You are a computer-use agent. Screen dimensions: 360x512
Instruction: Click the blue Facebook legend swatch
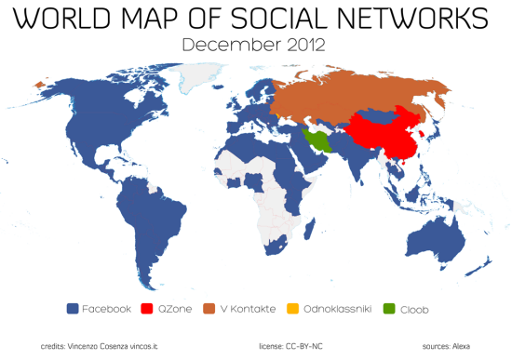(x=72, y=308)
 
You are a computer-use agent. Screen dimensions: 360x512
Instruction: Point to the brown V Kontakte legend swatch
(x=210, y=308)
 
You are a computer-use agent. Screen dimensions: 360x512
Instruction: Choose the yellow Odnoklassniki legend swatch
(x=293, y=308)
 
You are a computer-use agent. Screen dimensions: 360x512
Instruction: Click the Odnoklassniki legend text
(x=336, y=308)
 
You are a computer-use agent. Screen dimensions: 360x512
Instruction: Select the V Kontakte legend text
(x=246, y=308)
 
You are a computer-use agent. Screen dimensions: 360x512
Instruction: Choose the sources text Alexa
(x=449, y=345)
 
